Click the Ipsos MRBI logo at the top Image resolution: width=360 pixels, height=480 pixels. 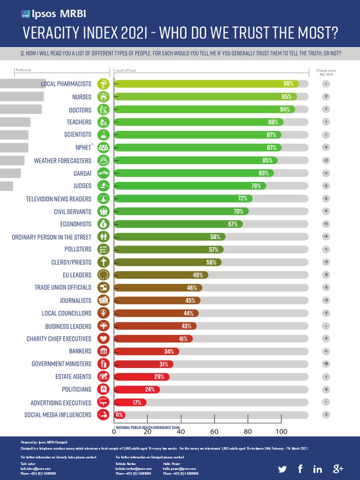click(x=46, y=14)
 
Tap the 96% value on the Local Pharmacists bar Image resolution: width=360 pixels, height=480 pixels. click(x=288, y=84)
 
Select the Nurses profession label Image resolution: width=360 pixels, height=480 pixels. click(x=82, y=97)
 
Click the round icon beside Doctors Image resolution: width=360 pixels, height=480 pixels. click(x=103, y=110)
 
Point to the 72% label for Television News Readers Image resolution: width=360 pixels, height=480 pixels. click(x=242, y=199)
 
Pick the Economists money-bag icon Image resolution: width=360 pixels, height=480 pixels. click(x=103, y=224)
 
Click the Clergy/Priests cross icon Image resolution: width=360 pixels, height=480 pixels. click(x=103, y=262)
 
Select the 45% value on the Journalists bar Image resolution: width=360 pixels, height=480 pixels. click(x=190, y=300)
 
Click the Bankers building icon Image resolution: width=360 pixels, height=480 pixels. click(x=103, y=351)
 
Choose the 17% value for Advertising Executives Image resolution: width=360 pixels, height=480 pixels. click(x=137, y=402)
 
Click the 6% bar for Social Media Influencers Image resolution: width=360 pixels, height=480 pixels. click(x=119, y=415)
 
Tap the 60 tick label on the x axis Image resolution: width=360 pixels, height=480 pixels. click(x=214, y=432)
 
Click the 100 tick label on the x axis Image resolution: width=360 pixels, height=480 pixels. click(x=281, y=432)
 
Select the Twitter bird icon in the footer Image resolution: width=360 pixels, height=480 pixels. click(x=282, y=469)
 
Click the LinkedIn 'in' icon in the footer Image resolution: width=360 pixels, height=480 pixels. click(x=317, y=469)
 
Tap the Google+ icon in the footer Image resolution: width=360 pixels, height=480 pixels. click(x=338, y=469)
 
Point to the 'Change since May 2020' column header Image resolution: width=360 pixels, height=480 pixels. click(x=327, y=72)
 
